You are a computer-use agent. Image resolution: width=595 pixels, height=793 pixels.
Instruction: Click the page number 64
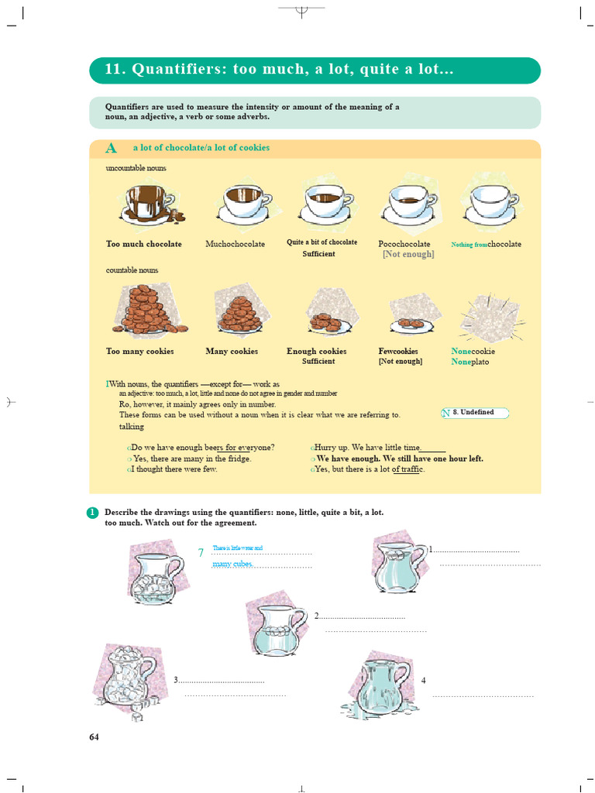point(95,736)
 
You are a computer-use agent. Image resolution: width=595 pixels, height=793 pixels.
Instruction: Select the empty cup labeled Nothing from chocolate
point(491,203)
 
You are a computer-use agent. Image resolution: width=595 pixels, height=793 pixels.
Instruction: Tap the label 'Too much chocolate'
point(144,244)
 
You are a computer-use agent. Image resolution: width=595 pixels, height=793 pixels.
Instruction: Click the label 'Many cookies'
point(232,351)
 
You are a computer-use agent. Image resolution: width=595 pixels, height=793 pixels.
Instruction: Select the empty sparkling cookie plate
point(490,318)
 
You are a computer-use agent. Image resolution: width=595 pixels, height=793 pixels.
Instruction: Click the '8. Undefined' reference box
point(475,413)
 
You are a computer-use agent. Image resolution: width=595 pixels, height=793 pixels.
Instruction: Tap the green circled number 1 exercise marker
point(93,513)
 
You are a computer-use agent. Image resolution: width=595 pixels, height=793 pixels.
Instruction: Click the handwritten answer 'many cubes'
point(233,564)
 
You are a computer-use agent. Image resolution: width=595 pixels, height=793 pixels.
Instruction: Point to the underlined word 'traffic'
point(408,469)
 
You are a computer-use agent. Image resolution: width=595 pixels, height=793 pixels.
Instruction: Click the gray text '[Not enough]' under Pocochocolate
point(408,254)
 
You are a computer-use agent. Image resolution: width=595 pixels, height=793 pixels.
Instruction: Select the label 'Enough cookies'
point(316,351)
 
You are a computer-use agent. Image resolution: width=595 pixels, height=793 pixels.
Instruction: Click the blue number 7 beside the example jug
point(201,552)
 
